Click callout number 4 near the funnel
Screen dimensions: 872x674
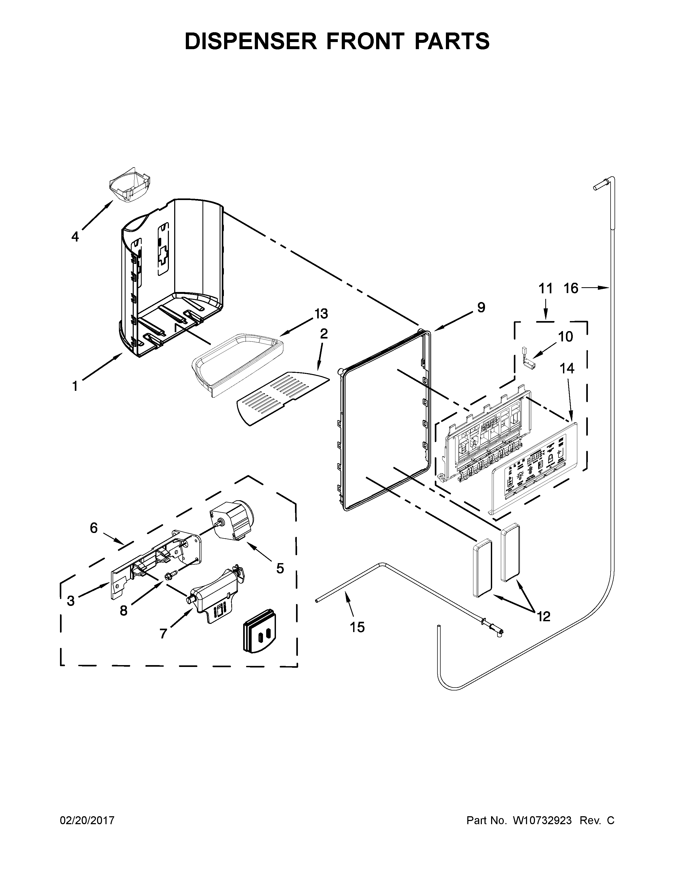pyautogui.click(x=75, y=237)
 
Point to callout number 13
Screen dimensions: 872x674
pyautogui.click(x=321, y=314)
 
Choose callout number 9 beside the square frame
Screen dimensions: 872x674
pyautogui.click(x=481, y=307)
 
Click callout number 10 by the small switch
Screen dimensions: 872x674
pyautogui.click(x=565, y=337)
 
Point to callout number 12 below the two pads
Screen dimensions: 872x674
pyautogui.click(x=543, y=616)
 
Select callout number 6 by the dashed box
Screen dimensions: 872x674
pyautogui.click(x=93, y=528)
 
